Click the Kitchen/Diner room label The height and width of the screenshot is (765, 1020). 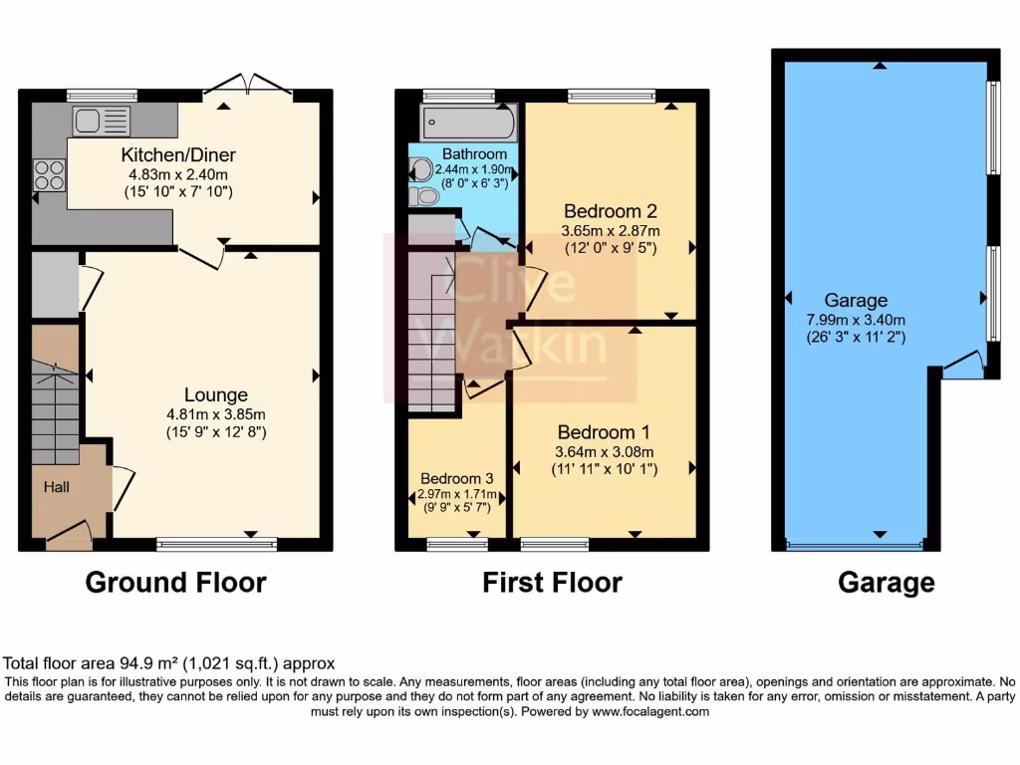[177, 154]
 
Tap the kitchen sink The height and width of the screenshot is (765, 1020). [101, 122]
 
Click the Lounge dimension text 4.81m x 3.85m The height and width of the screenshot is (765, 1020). [216, 414]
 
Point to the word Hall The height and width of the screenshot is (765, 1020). [56, 487]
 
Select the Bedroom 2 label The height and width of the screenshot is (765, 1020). [610, 211]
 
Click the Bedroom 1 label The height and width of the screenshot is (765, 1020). [603, 432]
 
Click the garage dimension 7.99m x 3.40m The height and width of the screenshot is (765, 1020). [856, 319]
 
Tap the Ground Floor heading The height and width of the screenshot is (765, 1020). [175, 582]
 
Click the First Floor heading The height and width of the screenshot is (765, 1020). [552, 582]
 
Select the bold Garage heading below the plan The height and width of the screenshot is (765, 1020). [886, 582]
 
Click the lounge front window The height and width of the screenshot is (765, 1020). [216, 544]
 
